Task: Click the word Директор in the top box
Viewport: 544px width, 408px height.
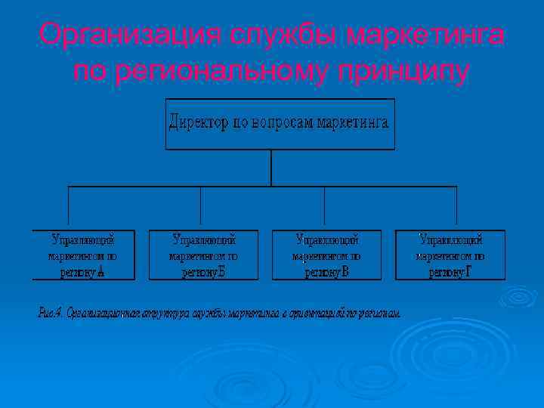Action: pyautogui.click(x=198, y=122)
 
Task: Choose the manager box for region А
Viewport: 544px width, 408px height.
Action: pyautogui.click(x=83, y=255)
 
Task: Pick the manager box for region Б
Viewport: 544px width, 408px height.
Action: pyautogui.click(x=203, y=255)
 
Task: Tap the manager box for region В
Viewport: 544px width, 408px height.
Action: pyautogui.click(x=326, y=255)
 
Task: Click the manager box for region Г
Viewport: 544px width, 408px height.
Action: pyautogui.click(x=450, y=255)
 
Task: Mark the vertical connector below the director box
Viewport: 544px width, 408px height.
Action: pyautogui.click(x=270, y=168)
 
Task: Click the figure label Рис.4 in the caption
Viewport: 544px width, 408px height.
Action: pyautogui.click(x=51, y=312)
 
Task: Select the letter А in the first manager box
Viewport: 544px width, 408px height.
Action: pyautogui.click(x=100, y=272)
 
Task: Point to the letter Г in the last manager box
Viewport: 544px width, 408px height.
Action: pyautogui.click(x=468, y=272)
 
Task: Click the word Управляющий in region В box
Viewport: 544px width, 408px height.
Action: pyautogui.click(x=326, y=240)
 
